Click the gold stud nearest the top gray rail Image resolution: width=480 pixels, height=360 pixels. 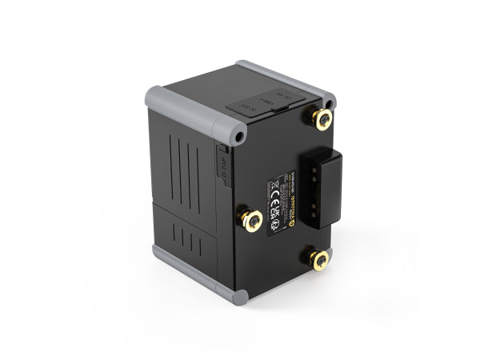(x=322, y=119)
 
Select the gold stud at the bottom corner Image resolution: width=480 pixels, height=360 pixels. (x=319, y=259)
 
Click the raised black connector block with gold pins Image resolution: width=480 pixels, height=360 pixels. (x=323, y=188)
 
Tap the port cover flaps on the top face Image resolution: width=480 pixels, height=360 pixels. (x=264, y=100)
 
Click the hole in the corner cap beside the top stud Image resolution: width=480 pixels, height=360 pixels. (x=330, y=102)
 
